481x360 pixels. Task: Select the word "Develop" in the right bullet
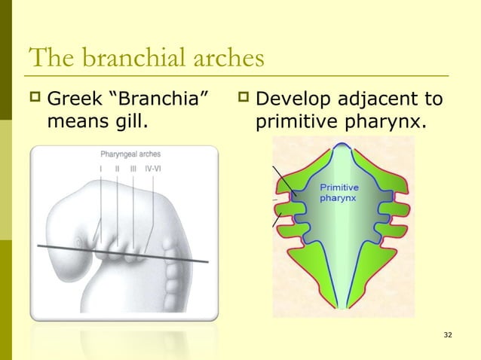click(x=299, y=99)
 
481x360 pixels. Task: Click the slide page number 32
click(x=449, y=334)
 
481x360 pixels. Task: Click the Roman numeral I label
click(x=102, y=169)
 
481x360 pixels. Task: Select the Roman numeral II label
click(x=118, y=169)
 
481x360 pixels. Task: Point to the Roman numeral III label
click(x=133, y=169)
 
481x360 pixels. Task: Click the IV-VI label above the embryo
click(x=153, y=169)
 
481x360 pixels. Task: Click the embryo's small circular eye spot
click(x=78, y=243)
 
